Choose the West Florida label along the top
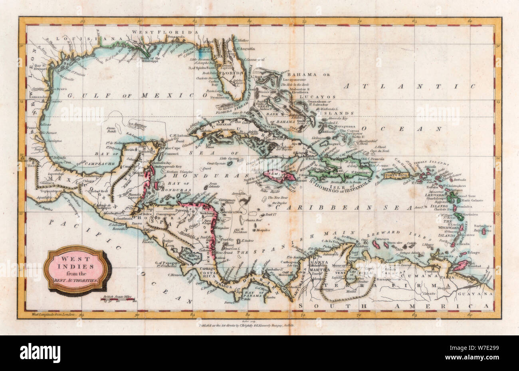coord(166,32)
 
